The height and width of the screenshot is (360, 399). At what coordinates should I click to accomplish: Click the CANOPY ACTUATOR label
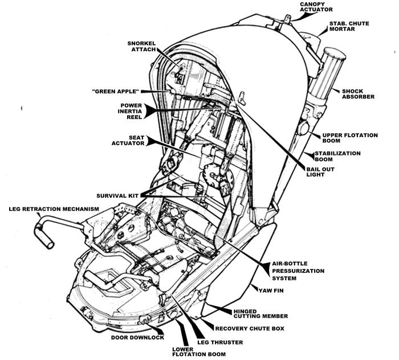(316, 7)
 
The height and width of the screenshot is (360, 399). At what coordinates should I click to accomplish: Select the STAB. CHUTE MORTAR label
(349, 26)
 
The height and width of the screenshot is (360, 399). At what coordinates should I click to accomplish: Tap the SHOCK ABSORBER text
(358, 94)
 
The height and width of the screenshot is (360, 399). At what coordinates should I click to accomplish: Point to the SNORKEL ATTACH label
(141, 46)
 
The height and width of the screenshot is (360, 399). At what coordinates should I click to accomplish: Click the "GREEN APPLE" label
(116, 91)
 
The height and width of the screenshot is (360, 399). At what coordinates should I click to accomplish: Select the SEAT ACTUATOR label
(128, 140)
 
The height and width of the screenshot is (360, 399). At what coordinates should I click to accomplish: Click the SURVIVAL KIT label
(117, 196)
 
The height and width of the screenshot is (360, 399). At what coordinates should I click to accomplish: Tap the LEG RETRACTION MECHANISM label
(54, 209)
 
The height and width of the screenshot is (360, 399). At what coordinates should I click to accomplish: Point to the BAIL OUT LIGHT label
(320, 172)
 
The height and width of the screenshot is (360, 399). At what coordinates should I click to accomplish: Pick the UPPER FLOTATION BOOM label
(350, 138)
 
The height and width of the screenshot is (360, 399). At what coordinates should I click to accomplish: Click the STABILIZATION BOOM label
(337, 156)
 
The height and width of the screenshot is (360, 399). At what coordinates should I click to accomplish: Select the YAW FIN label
(271, 291)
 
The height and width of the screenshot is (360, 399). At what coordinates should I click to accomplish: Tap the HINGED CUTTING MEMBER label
(261, 314)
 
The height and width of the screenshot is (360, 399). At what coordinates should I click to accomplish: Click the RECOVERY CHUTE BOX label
(250, 329)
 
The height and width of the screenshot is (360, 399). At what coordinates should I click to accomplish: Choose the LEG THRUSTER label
(220, 342)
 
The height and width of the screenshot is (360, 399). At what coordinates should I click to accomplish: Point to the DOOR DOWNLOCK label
(137, 338)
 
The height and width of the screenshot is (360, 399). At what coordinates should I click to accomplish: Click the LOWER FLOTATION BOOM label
(199, 351)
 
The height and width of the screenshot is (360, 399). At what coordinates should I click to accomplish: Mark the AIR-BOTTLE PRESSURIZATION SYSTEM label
(298, 271)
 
